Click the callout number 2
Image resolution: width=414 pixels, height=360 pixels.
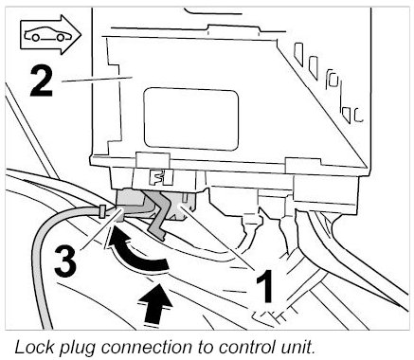coord(41,82)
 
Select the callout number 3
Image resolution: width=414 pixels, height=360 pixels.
coord(65,261)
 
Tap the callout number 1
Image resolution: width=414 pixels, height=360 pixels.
coord(264,286)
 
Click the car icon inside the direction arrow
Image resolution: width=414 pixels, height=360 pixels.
coord(47,34)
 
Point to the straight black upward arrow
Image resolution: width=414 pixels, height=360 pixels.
coord(155,303)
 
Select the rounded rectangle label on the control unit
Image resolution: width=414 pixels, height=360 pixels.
coord(190,119)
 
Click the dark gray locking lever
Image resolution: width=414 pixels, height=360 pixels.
coord(157,215)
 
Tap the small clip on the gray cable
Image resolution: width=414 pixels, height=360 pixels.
coord(102,211)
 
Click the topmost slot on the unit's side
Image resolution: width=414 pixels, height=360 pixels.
coord(298,54)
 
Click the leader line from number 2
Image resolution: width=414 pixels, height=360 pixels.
coord(97,79)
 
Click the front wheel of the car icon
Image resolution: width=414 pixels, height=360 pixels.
coord(61,37)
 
